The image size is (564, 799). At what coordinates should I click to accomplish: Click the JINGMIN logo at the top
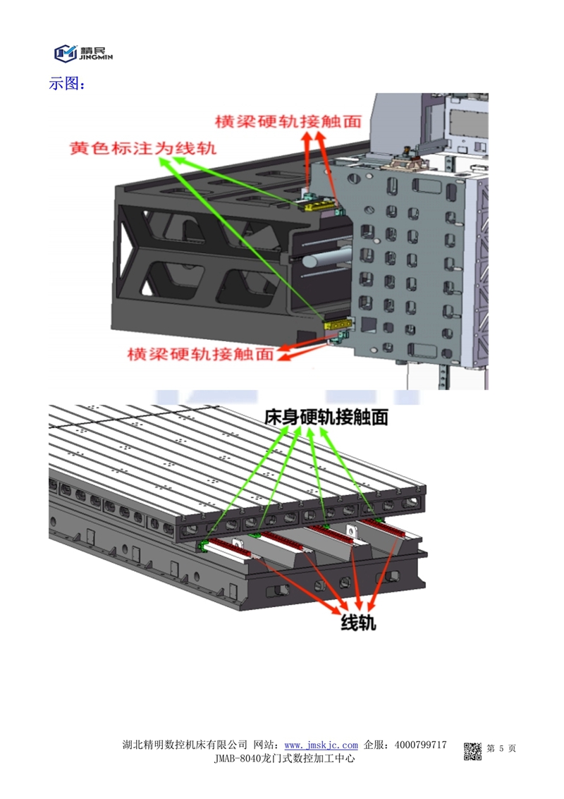[83, 52]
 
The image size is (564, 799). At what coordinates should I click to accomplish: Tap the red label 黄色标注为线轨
[142, 149]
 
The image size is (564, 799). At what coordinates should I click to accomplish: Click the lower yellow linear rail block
[337, 325]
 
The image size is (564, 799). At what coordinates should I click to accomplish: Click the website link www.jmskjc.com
[321, 745]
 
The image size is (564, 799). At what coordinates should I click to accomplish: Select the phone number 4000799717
[421, 745]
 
